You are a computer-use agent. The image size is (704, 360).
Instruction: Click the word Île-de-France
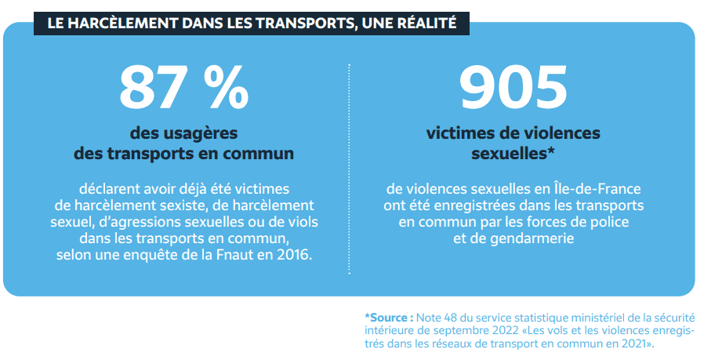click(x=600, y=189)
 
